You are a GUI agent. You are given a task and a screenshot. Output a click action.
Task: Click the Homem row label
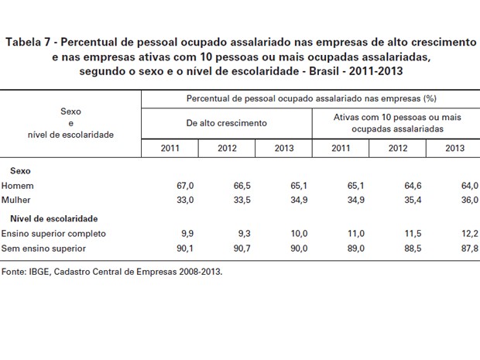click(17, 186)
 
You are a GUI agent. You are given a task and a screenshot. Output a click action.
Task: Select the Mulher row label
click(18, 200)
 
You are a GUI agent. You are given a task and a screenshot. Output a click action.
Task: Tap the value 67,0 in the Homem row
click(188, 186)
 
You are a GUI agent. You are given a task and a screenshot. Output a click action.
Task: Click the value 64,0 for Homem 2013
click(469, 186)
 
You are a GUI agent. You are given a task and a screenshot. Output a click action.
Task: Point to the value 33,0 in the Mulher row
click(188, 200)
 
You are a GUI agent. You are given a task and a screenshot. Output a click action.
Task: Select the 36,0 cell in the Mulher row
click(469, 200)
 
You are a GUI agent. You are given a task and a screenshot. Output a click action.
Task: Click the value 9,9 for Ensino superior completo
click(190, 234)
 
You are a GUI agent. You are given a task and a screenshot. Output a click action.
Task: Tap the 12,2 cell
click(469, 234)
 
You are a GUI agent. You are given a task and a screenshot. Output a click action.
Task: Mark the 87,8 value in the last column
click(469, 248)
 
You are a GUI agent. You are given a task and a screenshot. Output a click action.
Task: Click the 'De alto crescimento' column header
click(226, 122)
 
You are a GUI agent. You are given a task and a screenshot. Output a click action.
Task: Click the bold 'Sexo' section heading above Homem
click(20, 170)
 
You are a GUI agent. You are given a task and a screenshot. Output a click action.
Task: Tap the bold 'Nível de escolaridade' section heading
click(54, 219)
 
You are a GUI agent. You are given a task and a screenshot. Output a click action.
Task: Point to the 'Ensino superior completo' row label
click(53, 234)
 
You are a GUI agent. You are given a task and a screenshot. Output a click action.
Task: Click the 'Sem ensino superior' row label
click(43, 248)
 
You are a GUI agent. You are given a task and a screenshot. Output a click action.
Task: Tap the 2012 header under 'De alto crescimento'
click(227, 147)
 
